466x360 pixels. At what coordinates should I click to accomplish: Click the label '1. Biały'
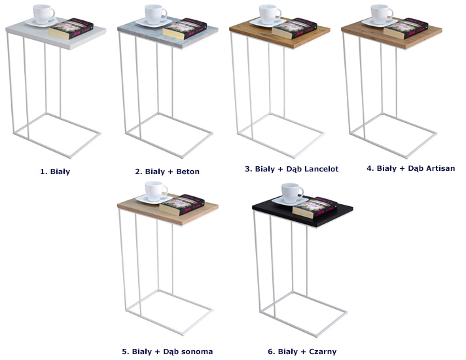click(x=55, y=171)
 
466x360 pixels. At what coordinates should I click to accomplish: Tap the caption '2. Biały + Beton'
click(x=167, y=171)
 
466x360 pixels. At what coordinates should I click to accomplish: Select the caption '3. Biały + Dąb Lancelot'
click(x=291, y=169)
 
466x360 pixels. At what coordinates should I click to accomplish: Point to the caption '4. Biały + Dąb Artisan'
click(x=411, y=169)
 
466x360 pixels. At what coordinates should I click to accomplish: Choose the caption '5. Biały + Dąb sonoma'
click(x=168, y=351)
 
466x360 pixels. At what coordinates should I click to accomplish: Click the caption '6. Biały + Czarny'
click(x=302, y=351)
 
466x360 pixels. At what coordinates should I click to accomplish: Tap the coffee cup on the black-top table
click(x=293, y=193)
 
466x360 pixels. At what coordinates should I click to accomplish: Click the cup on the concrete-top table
click(x=156, y=14)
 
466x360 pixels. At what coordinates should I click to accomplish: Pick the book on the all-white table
click(x=71, y=29)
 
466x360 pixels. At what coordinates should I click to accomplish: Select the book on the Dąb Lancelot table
click(x=295, y=29)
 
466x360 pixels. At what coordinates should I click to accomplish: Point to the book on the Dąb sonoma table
click(x=181, y=205)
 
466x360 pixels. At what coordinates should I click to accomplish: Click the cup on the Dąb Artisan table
click(x=382, y=14)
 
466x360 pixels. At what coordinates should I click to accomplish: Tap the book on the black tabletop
click(x=315, y=207)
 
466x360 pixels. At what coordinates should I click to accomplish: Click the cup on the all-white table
click(x=44, y=14)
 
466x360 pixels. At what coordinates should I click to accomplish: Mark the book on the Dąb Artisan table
click(x=406, y=29)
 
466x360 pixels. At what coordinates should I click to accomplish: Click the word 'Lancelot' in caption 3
click(x=321, y=169)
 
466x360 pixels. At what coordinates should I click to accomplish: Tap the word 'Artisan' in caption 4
click(x=440, y=168)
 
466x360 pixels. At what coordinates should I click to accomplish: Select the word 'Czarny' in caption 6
click(x=323, y=352)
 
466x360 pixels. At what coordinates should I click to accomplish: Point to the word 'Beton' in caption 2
click(x=188, y=171)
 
